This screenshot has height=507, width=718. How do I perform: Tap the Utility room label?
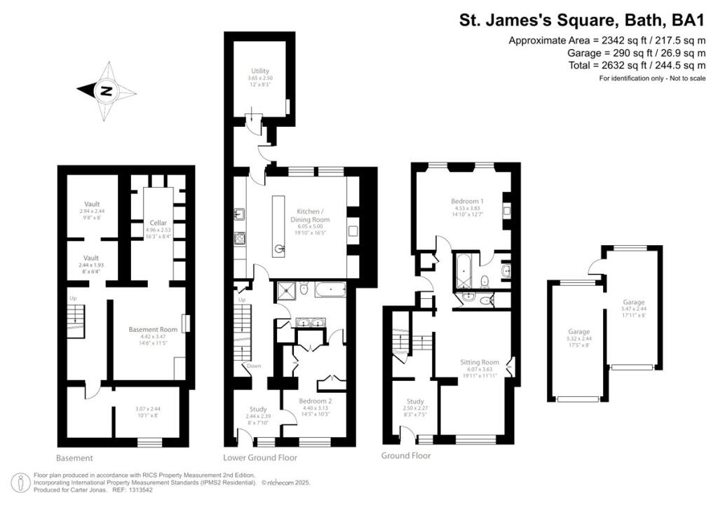point(260,71)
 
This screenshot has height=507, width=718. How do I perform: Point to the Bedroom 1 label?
point(467,201)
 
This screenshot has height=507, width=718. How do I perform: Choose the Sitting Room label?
point(480,362)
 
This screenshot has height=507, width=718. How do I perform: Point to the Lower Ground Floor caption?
point(260,458)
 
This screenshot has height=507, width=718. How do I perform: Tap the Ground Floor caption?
point(406,456)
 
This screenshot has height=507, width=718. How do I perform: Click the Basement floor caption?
point(74,459)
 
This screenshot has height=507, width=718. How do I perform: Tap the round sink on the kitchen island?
point(279,247)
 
